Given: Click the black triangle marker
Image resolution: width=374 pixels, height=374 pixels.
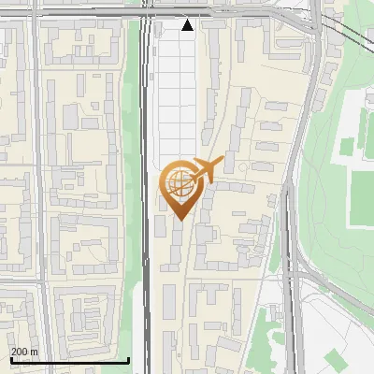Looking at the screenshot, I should (188, 25).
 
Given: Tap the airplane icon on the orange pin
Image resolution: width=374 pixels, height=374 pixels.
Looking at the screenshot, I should (206, 170).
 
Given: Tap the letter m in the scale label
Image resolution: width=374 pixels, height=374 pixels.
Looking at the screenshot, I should (35, 352).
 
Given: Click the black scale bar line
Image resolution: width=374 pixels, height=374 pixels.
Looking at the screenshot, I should (70, 360).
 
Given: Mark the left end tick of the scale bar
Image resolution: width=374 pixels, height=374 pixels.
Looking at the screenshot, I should (11, 358).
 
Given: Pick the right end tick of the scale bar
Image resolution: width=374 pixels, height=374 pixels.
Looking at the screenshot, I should (129, 358).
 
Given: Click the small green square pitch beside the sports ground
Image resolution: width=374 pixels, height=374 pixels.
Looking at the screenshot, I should (347, 146).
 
